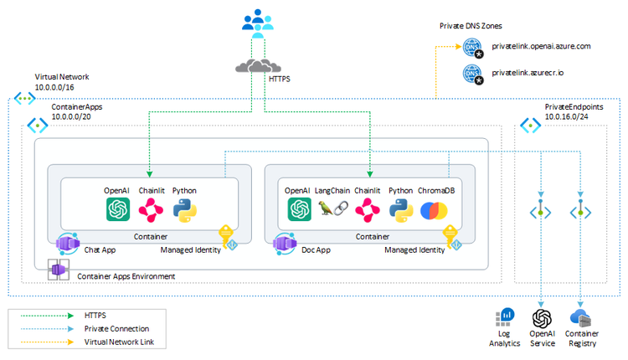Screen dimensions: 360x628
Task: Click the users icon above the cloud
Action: [259, 22]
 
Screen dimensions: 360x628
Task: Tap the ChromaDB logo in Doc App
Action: [434, 210]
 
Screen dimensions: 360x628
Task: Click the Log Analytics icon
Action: [505, 318]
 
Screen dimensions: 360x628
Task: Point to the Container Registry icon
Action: [581, 318]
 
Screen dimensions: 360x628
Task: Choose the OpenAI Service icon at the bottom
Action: [543, 318]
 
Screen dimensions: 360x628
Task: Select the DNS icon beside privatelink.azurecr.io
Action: [473, 74]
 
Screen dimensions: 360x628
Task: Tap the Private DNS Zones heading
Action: [475, 26]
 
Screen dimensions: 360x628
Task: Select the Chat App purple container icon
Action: [67, 244]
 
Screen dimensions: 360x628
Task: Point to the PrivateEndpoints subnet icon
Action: [530, 126]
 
